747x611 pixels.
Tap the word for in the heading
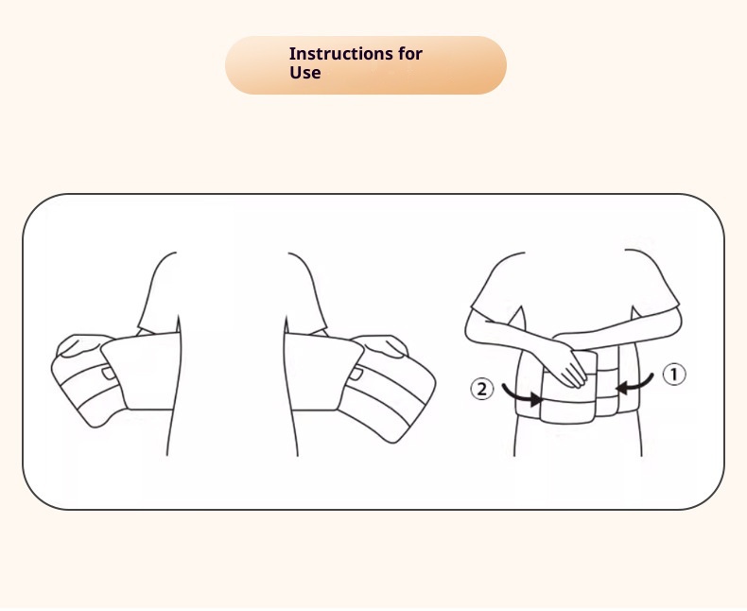pyautogui.click(x=410, y=53)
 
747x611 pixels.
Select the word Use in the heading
pyautogui.click(x=304, y=73)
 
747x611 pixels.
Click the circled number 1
pyautogui.click(x=674, y=375)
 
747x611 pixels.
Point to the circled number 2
pyautogui.click(x=481, y=389)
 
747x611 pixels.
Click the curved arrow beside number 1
pyautogui.click(x=636, y=385)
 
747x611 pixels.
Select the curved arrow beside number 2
pyautogui.click(x=520, y=396)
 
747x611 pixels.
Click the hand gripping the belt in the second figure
pyautogui.click(x=381, y=345)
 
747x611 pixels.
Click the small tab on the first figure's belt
pyautogui.click(x=109, y=374)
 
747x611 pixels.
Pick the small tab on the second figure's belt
pyautogui.click(x=356, y=374)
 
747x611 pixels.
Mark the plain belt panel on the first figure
pyautogui.click(x=143, y=372)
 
